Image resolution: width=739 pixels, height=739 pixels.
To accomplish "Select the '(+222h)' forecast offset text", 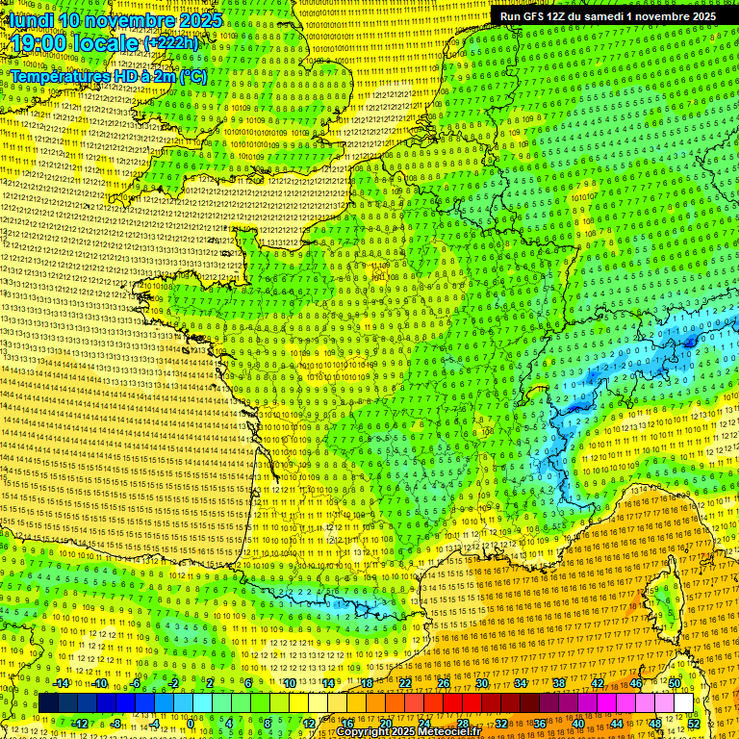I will [171, 43].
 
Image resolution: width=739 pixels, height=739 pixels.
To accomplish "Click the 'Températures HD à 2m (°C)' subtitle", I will [108, 76].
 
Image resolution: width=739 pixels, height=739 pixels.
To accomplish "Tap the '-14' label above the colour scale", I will [61, 683].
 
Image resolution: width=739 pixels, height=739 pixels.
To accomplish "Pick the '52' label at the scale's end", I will [694, 724].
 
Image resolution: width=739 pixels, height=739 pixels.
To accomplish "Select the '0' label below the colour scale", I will [190, 724].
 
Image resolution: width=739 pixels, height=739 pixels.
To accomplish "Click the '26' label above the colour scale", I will [444, 683].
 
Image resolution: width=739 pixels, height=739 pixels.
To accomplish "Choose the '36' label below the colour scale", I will [540, 724].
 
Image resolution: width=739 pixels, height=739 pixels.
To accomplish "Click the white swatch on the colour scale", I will [683, 703].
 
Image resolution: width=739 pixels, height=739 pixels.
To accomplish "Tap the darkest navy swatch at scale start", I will [48, 703].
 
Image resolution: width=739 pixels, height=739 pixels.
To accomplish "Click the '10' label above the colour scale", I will [290, 683].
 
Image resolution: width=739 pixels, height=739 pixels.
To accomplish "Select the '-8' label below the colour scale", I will [115, 724].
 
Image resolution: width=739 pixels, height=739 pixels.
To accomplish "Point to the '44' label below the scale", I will [617, 724].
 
